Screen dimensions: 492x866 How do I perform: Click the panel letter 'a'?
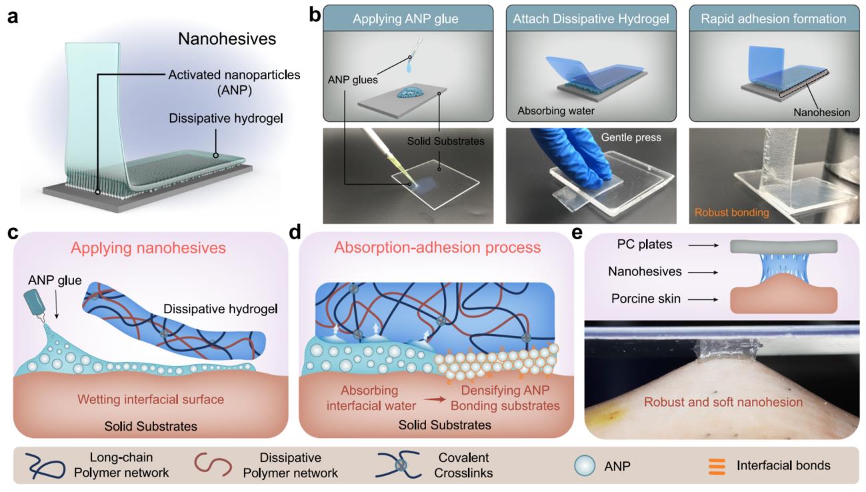click(12, 17)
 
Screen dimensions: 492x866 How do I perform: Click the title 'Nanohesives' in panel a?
click(227, 39)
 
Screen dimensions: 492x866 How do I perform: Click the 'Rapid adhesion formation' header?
click(773, 19)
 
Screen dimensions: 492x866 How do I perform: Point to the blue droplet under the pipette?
click(409, 69)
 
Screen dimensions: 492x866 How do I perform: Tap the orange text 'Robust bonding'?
click(731, 213)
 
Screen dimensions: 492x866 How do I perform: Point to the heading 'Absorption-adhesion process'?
click(437, 248)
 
